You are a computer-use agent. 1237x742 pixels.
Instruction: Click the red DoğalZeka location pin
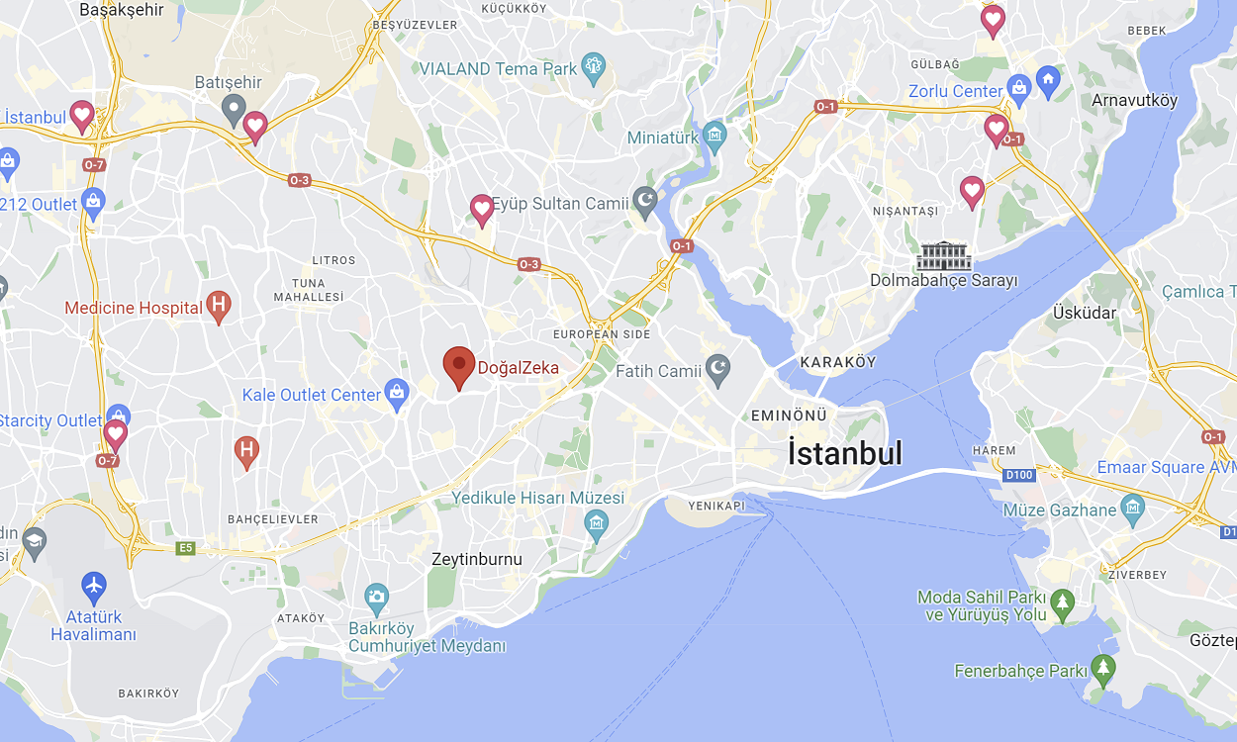[x=458, y=366]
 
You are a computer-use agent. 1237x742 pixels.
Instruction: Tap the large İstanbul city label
[x=845, y=453]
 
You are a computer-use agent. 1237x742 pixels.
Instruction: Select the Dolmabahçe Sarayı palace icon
[x=943, y=256]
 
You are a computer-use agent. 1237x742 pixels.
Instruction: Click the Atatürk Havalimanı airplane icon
[x=94, y=585]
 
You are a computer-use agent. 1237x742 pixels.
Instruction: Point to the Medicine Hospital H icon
[x=219, y=307]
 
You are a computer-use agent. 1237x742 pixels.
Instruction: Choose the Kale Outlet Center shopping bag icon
[x=397, y=394]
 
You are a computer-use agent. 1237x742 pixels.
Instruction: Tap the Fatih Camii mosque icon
[x=717, y=371]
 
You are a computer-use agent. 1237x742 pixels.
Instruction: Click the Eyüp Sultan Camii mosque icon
[x=645, y=203]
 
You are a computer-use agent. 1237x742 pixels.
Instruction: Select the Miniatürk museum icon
[x=714, y=137]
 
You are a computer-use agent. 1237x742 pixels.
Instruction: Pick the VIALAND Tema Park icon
[x=594, y=68]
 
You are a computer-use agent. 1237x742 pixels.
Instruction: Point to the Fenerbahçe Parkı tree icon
[x=1102, y=670]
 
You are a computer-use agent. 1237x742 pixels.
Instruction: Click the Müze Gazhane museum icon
[x=1133, y=510]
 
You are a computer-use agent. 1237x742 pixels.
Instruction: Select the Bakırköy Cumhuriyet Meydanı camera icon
[x=376, y=596]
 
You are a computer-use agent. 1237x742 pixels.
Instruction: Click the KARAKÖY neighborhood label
[x=838, y=362]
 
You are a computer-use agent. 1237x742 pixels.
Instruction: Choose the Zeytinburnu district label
[x=477, y=559]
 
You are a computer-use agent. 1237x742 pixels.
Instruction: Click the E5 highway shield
[x=185, y=547]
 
